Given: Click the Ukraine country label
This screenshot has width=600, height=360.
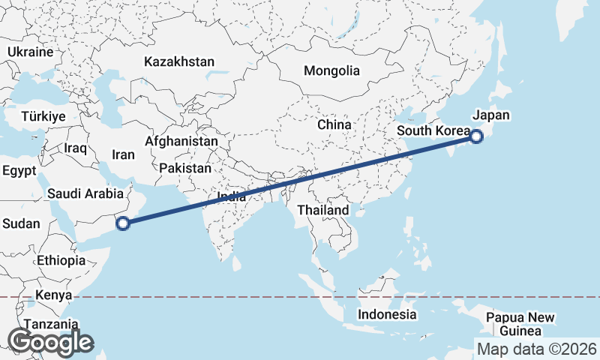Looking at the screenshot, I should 30,52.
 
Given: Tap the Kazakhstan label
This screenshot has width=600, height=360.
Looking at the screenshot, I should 180,61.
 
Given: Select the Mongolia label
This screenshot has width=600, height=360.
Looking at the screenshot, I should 331,71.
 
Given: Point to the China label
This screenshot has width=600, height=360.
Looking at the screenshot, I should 334,124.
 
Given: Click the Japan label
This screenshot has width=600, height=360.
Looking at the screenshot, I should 491,115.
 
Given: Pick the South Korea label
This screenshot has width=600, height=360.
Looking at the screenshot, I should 433,130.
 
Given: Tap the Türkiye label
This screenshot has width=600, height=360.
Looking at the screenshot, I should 43,116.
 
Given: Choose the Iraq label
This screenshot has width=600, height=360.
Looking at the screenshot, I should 76,148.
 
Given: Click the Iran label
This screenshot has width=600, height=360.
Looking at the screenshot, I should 123,155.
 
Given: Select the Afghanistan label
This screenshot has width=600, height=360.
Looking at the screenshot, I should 181,141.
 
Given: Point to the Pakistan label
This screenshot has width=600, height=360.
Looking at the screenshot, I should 185,169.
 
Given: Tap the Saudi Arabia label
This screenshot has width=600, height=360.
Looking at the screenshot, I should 85,193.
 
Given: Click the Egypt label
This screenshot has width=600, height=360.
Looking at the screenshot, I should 19,171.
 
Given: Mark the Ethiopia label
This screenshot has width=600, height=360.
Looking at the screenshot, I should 61,261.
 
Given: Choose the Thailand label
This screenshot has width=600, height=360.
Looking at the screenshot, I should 323,210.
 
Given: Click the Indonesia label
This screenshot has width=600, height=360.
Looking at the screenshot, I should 386,314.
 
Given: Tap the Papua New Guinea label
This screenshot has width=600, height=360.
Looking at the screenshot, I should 520,324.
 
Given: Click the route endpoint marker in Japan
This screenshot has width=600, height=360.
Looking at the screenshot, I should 475,136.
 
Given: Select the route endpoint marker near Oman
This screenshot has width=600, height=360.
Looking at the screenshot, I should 124,222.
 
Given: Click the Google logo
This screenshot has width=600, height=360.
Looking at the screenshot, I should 50,342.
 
